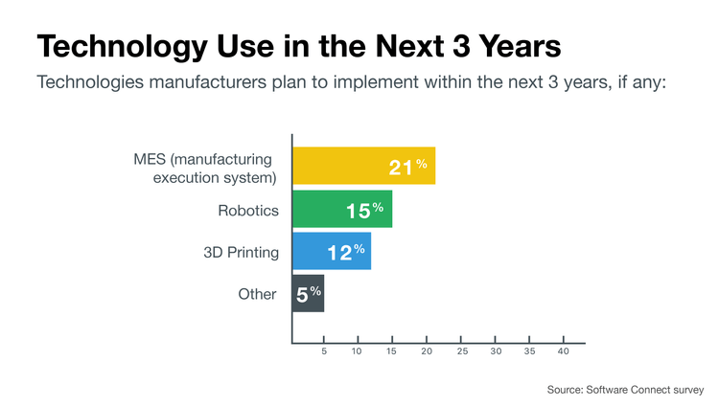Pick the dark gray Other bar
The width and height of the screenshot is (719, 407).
coord(308,293)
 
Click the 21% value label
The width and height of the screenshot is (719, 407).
coord(407,168)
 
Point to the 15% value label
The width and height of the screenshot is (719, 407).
coord(364,210)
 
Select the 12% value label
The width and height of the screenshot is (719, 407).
coord(343,253)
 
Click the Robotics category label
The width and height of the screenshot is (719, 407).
coord(249,210)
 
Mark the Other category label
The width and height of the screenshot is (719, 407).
coord(257,294)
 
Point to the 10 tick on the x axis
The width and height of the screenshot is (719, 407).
coord(358,352)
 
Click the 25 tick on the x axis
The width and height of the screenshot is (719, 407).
coord(462,352)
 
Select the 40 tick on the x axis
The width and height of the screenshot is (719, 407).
coord(564,352)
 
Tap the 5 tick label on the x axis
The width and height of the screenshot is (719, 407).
coord(324,352)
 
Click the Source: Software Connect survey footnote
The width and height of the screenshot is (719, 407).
coord(625,389)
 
